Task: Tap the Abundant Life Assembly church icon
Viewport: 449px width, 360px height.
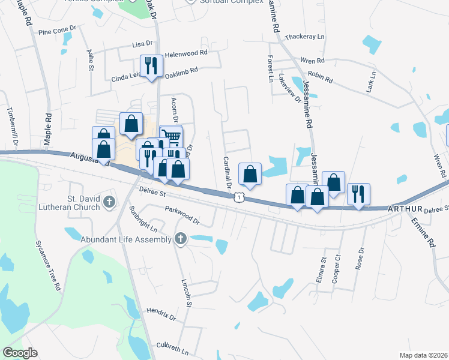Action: [x=180, y=239]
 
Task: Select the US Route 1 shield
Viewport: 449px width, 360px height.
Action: [x=240, y=197]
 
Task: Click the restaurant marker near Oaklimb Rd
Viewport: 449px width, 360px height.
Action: [x=150, y=65]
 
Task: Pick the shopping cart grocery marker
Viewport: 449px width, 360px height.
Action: [x=172, y=137]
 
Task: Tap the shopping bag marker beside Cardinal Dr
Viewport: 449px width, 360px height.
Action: [x=250, y=174]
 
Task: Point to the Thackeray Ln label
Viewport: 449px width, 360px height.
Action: [x=304, y=37]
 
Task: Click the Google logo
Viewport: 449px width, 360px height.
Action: [x=20, y=353]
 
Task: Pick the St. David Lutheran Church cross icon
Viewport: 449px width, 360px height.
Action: [x=109, y=202]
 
